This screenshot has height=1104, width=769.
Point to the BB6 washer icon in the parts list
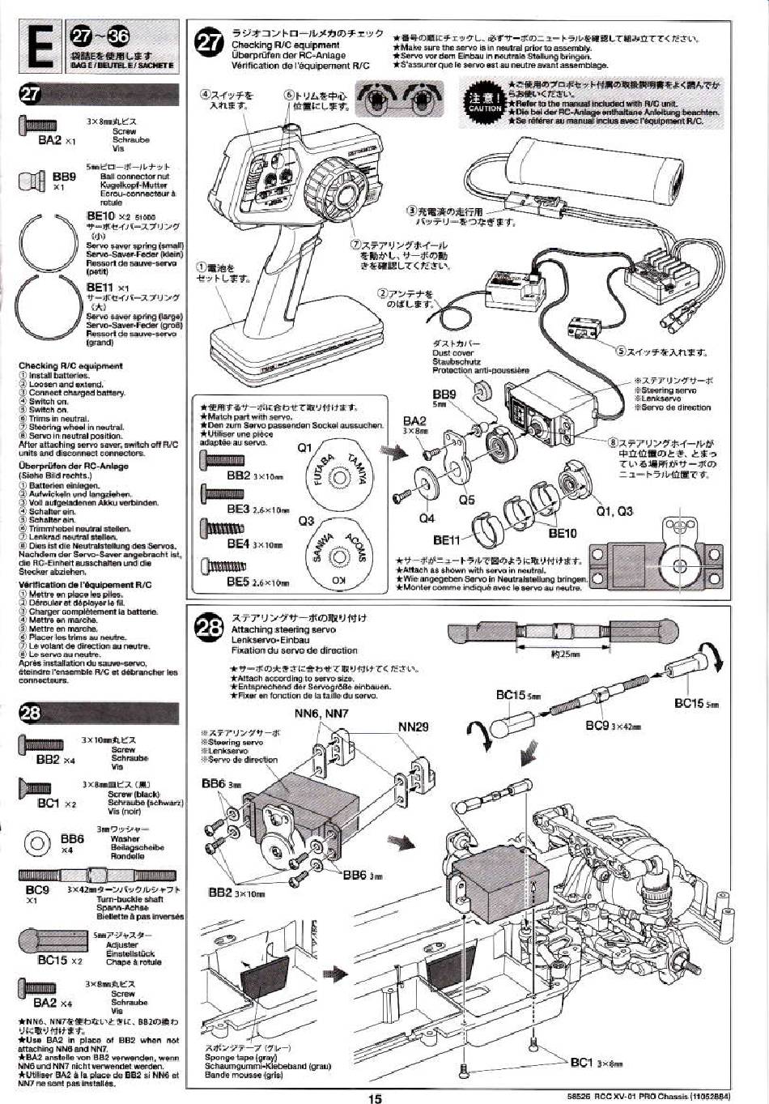pos(37,843)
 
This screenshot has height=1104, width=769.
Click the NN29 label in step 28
pos(414,727)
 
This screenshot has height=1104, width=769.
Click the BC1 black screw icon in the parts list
pos(34,787)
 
